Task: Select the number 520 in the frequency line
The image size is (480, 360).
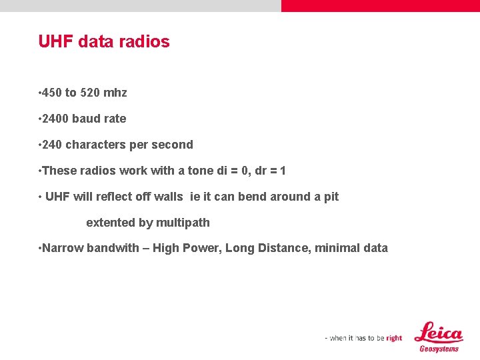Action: [x=90, y=93]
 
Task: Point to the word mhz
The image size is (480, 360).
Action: [x=115, y=93]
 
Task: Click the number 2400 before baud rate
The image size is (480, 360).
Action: [x=57, y=119]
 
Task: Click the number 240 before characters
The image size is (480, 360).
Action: [x=53, y=145]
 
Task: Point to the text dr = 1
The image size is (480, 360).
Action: [x=270, y=171]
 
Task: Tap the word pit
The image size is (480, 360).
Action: [x=331, y=197]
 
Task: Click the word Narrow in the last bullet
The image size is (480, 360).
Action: [x=63, y=248]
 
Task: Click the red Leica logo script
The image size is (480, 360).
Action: [x=438, y=333]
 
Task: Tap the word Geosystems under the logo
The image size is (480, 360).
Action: [x=439, y=349]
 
